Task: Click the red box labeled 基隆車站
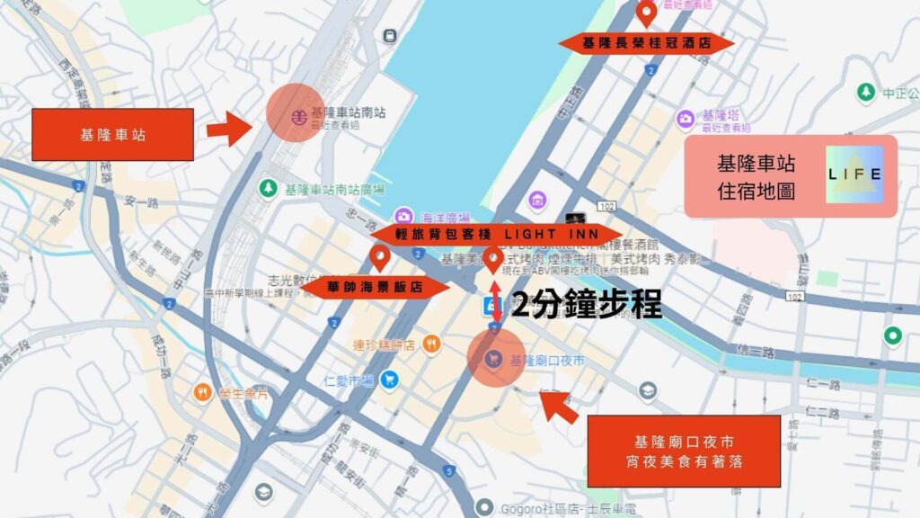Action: tap(112, 135)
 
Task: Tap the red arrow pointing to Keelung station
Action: tap(230, 129)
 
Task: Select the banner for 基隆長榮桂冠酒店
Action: tap(646, 43)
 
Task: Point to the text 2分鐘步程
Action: tap(586, 306)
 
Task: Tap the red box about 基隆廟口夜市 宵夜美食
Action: tap(684, 451)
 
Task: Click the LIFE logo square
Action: tap(854, 174)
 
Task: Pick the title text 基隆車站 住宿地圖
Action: tap(756, 177)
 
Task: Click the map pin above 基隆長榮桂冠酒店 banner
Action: tap(646, 13)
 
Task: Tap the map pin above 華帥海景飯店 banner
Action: tap(380, 259)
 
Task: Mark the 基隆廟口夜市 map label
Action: tap(546, 360)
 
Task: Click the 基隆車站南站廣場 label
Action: tap(333, 189)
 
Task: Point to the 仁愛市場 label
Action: tap(348, 380)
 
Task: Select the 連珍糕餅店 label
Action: tap(384, 344)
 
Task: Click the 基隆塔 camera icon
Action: tap(686, 117)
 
